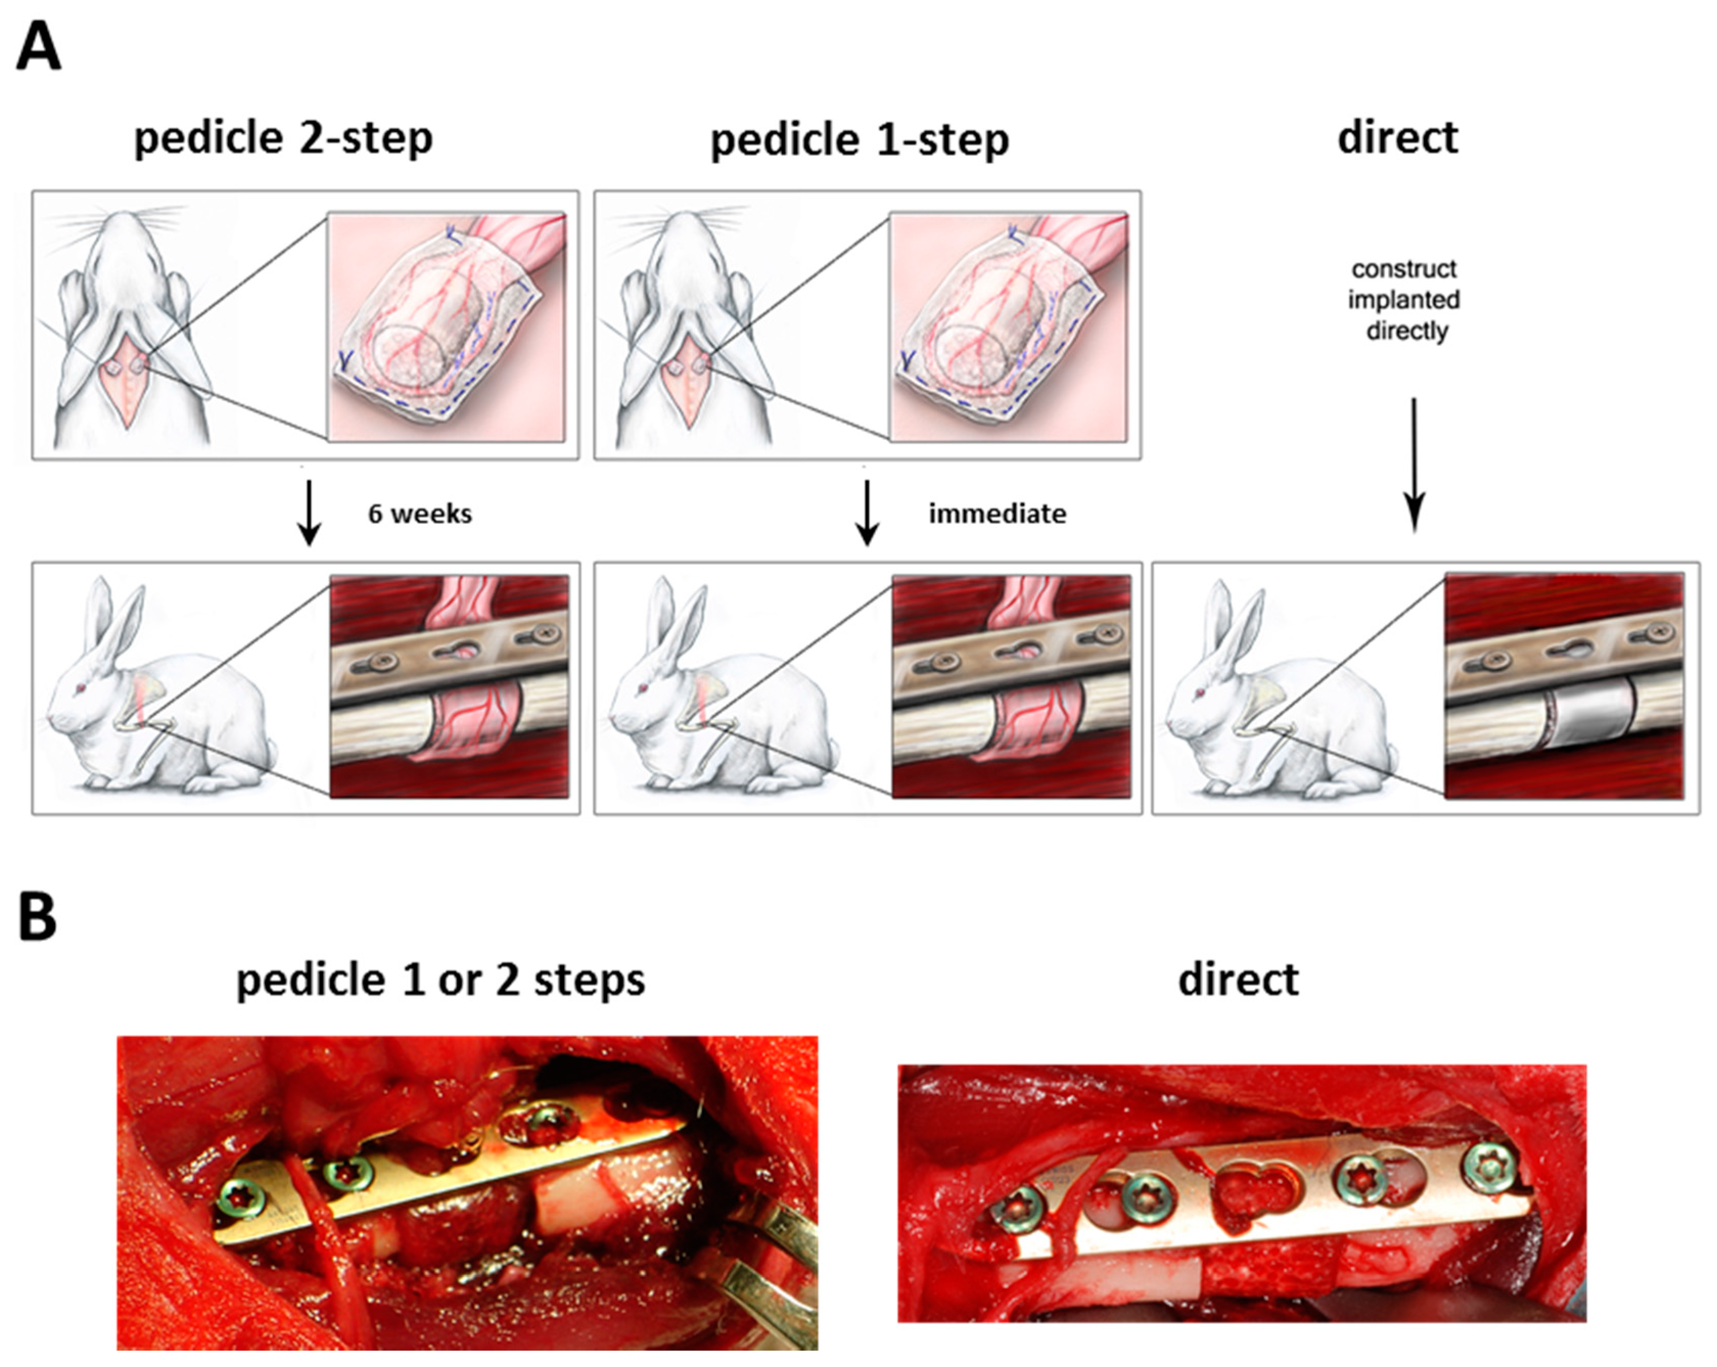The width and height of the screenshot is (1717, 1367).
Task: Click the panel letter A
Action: (38, 46)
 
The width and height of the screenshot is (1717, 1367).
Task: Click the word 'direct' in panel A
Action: (1398, 138)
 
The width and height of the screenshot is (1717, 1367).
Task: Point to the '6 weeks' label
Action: (420, 514)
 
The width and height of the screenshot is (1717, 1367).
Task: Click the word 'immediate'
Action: (997, 514)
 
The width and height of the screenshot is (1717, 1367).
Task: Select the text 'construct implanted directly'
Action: (1404, 299)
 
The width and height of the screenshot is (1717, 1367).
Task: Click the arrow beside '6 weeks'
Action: (309, 512)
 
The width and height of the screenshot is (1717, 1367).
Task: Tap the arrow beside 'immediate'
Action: (867, 512)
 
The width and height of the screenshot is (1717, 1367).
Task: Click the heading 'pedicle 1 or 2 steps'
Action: (440, 980)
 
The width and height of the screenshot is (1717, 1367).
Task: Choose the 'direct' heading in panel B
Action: (1238, 979)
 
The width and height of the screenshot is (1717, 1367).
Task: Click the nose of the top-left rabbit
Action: (120, 219)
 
